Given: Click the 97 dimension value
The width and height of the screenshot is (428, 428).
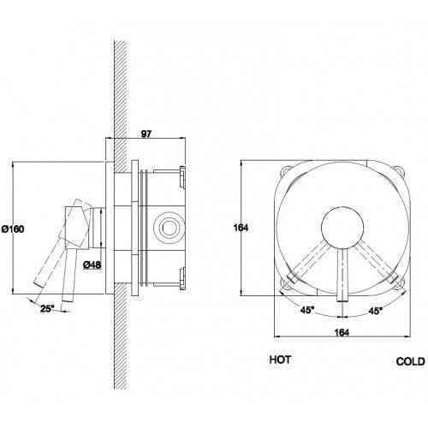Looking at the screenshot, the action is pyautogui.click(x=146, y=134).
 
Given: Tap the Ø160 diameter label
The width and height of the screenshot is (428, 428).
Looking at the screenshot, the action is pyautogui.click(x=13, y=229).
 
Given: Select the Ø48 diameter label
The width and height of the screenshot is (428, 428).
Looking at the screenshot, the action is pyautogui.click(x=92, y=265).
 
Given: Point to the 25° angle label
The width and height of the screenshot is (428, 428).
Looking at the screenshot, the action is pyautogui.click(x=47, y=308).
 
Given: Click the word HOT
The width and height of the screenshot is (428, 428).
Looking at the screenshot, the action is pyautogui.click(x=280, y=360).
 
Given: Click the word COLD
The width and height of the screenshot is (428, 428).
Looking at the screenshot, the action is pyautogui.click(x=411, y=361).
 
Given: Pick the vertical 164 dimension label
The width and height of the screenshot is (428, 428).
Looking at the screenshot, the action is pyautogui.click(x=241, y=228).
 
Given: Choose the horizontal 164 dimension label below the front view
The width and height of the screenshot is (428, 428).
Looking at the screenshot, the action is pyautogui.click(x=342, y=332).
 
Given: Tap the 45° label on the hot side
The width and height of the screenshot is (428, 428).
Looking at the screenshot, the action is pyautogui.click(x=307, y=310).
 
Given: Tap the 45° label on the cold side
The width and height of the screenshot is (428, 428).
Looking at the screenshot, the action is pyautogui.click(x=376, y=311).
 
